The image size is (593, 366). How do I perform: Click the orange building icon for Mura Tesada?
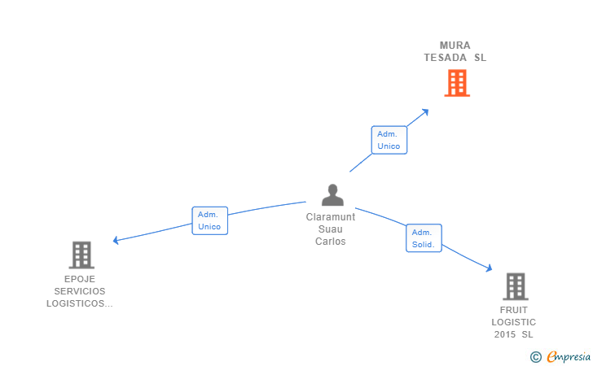(x=457, y=83)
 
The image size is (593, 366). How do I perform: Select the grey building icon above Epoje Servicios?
(x=81, y=255)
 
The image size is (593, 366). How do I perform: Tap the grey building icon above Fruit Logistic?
(x=515, y=286)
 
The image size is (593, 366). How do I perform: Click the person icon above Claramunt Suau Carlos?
(x=332, y=195)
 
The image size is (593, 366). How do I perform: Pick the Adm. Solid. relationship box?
(x=424, y=237)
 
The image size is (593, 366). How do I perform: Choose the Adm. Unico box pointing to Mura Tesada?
(x=389, y=140)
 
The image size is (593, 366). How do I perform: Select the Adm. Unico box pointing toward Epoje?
(x=209, y=220)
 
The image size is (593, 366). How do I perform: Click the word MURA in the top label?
(x=455, y=46)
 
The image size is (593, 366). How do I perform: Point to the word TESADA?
(x=446, y=58)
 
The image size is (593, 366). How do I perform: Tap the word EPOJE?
(x=80, y=279)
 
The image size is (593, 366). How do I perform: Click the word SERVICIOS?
(x=80, y=291)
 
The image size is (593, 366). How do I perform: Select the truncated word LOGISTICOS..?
(x=79, y=303)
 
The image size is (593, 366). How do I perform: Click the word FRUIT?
(x=514, y=310)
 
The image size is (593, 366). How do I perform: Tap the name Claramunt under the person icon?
(x=331, y=217)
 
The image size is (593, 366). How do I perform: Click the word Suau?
(x=331, y=229)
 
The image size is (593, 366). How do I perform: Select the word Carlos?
(x=331, y=242)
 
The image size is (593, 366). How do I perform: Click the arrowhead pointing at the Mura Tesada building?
(x=425, y=111)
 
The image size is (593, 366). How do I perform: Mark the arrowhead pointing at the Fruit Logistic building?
(x=489, y=268)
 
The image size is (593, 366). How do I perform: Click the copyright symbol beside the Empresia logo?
(x=535, y=356)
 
